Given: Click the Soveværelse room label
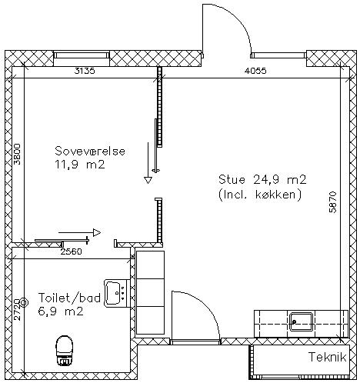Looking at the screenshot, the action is click(x=90, y=151).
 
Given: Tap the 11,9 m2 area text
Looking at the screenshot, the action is click(x=80, y=165).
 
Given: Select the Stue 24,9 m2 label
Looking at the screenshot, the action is click(x=262, y=179).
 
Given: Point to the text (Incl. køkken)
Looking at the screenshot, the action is click(x=260, y=195).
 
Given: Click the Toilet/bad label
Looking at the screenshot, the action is click(x=69, y=298).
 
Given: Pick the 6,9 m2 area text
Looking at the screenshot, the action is click(x=61, y=311).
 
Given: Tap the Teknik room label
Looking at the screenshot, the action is click(x=328, y=357).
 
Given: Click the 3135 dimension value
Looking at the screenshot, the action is click(x=85, y=71).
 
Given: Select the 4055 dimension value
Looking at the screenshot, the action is click(x=255, y=71).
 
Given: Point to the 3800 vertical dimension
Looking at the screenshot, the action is click(x=17, y=154).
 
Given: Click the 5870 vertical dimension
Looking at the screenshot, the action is click(x=332, y=202).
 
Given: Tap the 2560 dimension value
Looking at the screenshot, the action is click(x=72, y=251).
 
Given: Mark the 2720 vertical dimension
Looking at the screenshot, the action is click(x=17, y=309).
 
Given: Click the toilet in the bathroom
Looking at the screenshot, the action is click(x=65, y=350).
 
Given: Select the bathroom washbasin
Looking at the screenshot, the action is click(x=116, y=293).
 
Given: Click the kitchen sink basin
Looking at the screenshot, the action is click(x=301, y=321).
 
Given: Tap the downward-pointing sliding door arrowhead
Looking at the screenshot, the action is click(x=148, y=180).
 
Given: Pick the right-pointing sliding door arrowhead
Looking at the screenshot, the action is click(x=97, y=232).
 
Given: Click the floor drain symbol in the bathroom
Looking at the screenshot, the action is click(x=24, y=303).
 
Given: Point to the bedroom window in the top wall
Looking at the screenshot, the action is click(x=82, y=55).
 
